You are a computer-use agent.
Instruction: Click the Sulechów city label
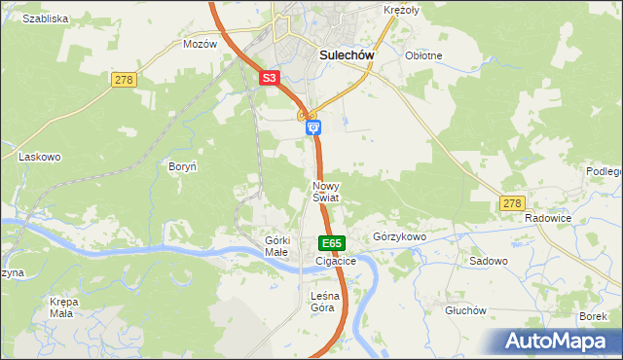(x=348, y=55)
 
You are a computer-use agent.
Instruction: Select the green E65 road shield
(x=331, y=242)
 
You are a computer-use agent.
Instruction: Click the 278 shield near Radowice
(x=512, y=202)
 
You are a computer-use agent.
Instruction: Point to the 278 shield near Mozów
(x=123, y=80)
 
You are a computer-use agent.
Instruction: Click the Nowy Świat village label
(x=326, y=191)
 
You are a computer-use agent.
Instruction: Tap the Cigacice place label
(x=336, y=261)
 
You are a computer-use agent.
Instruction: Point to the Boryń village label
(x=183, y=166)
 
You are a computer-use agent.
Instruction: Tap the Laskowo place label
(x=40, y=156)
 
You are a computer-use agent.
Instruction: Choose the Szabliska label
(x=45, y=18)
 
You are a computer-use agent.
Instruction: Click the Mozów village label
(x=200, y=45)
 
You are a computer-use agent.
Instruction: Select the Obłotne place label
(x=423, y=55)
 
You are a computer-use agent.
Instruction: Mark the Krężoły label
(x=400, y=10)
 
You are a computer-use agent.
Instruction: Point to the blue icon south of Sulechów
(x=312, y=127)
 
